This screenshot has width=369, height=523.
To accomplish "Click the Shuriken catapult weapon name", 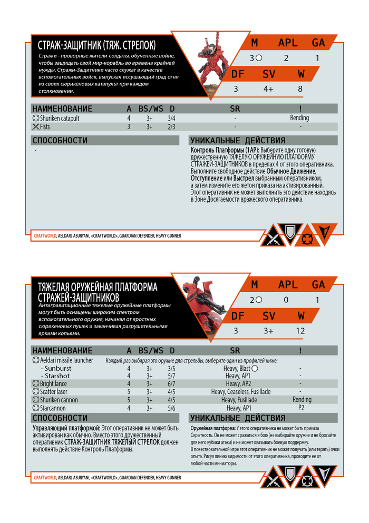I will tap(60, 119).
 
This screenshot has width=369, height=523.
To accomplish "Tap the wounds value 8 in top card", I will tap(300, 88).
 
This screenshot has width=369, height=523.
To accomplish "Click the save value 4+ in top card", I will tap(269, 88).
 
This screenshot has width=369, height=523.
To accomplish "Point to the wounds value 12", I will tap(301, 331).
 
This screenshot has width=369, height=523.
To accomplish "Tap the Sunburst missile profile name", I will tap(57, 368).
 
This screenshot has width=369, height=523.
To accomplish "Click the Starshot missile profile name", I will tap(57, 376).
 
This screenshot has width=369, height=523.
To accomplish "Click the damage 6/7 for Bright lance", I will tap(171, 384).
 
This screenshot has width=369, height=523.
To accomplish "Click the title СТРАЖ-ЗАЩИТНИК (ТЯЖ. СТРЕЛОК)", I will tap(100, 45).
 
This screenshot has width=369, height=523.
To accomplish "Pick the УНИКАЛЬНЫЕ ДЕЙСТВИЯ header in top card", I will tap(238, 141).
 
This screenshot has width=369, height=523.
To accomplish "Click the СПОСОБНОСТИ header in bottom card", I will tap(60, 418).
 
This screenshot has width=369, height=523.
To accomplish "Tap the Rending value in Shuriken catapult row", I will tap(299, 119).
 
